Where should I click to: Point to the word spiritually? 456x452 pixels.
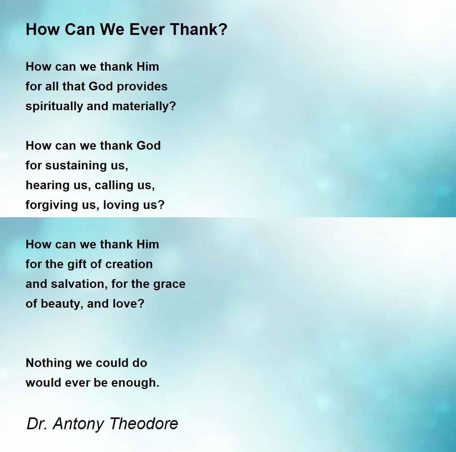click(x=54, y=107)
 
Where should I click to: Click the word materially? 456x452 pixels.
click(x=144, y=106)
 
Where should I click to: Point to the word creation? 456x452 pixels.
click(x=129, y=264)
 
